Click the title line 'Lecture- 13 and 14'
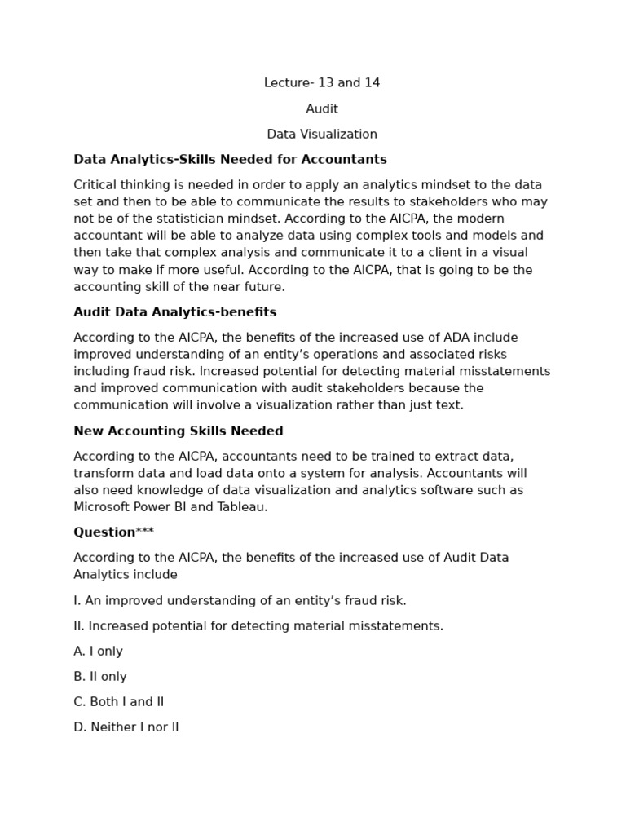click(x=322, y=83)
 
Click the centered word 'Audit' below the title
click(x=322, y=108)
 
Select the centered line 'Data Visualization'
click(x=322, y=135)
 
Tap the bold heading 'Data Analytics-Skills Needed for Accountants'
click(x=230, y=160)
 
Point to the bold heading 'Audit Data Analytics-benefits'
click(x=174, y=312)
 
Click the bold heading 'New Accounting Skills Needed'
click(x=179, y=431)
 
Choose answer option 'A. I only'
click(x=98, y=652)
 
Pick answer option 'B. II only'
click(x=100, y=677)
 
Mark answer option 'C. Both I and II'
click(x=118, y=702)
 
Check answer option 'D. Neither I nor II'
click(x=126, y=727)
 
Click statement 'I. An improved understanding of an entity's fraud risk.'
click(x=240, y=601)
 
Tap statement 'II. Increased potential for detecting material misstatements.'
click(x=258, y=626)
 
